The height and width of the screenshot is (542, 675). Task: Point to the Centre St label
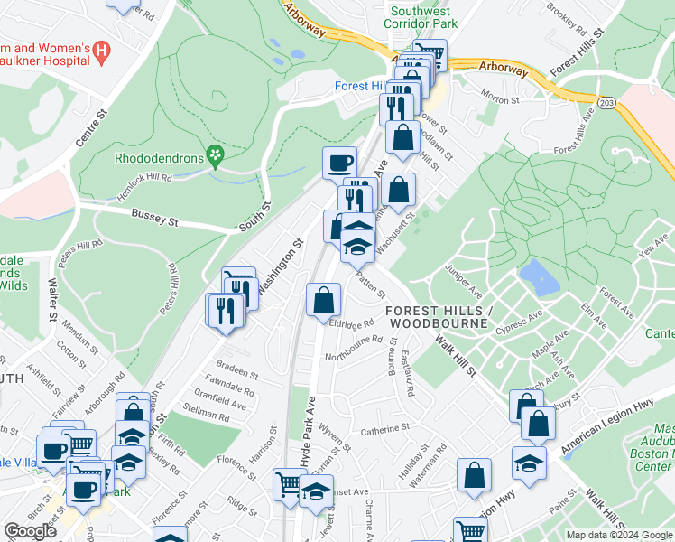pos(92,127)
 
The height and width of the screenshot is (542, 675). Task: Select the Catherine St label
pos(385,427)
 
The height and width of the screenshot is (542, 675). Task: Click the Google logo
pos(30,530)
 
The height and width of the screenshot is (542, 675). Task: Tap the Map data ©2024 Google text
pos(619,535)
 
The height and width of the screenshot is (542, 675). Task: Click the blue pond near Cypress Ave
pos(539,277)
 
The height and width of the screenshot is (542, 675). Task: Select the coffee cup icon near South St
pos(339,163)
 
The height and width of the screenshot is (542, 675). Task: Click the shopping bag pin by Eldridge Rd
pos(323,300)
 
